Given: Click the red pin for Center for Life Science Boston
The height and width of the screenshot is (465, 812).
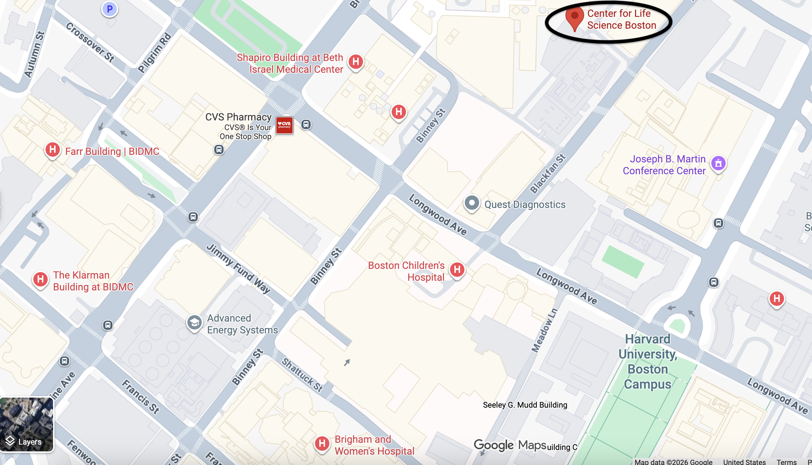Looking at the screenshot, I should point(574,17).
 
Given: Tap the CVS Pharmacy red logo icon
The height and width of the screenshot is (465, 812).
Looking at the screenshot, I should point(285,125).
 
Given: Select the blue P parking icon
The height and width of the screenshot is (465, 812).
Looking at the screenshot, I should point(110,9).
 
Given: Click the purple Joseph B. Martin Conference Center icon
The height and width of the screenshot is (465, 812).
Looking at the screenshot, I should point(718,163).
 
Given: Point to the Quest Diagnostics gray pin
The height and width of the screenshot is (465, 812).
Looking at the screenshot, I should point(472,203).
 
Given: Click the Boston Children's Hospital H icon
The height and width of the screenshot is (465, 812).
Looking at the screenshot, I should point(457,270).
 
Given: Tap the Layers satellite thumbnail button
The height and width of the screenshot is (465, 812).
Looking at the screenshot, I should point(27,424).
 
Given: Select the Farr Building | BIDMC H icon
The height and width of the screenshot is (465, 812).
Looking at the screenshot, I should point(52,149).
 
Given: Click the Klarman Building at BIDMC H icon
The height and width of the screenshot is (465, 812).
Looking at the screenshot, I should point(40,279).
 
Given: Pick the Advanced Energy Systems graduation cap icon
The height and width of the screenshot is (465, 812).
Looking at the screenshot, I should point(194,323).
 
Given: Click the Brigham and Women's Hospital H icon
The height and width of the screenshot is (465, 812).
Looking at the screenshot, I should point(322,443).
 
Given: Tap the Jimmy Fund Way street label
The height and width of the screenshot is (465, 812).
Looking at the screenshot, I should point(238,269).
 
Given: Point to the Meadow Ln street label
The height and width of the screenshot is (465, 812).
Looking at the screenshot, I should point(544,330).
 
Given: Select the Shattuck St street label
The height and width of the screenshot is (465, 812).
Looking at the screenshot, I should point(302,375).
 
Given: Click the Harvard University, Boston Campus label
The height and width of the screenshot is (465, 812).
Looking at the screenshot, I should point(648,361).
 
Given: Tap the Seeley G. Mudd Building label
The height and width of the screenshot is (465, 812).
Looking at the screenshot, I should point(525,405).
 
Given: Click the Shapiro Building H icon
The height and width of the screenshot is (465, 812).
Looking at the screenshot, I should point(355,62).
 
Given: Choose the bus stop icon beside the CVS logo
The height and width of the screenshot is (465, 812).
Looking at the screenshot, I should point(306,124).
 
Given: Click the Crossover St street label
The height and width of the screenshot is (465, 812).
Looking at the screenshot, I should point(90,42).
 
